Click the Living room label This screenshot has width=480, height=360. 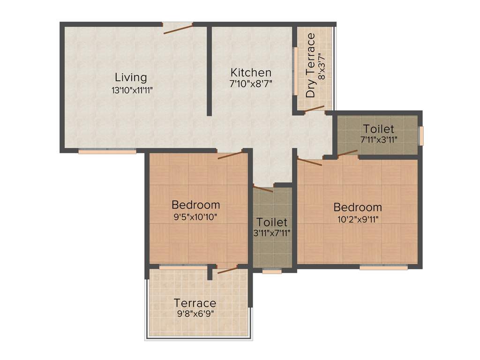point(131,77)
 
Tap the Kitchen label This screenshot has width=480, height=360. point(251,73)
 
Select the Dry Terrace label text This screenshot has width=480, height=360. point(310,66)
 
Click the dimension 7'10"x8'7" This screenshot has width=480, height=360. point(251,84)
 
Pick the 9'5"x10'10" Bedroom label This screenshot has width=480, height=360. point(195,205)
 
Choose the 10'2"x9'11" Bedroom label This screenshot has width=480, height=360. point(358,207)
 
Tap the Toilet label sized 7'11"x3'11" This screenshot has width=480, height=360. point(378,129)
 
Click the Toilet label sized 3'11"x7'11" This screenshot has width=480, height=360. point(272,222)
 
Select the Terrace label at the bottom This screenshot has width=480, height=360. point(195,303)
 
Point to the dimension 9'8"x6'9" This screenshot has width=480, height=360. point(195,314)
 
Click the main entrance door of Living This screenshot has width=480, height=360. point(178,28)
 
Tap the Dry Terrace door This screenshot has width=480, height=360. point(314,109)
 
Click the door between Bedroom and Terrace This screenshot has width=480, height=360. point(227,269)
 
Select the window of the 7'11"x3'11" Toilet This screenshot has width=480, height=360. point(421,135)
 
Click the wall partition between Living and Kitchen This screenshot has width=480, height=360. point(209,70)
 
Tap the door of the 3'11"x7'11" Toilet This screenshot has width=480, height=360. point(263,188)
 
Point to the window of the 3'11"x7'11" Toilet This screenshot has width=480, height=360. point(272,270)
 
